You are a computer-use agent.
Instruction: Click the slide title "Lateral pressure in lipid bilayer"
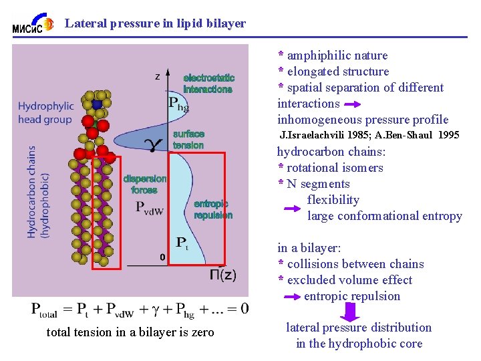pos(155,23)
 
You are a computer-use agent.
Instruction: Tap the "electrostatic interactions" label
pos(208,84)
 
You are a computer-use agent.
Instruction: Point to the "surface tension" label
pos(188,140)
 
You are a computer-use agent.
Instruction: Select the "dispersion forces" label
pos(145,184)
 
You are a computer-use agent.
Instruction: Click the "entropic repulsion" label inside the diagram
pos(213,209)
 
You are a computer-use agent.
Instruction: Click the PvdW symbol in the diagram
pos(156,208)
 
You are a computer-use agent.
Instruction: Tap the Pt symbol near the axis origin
pos(181,243)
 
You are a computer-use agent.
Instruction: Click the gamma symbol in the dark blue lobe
pos(154,144)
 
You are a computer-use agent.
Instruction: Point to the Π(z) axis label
pos(222,275)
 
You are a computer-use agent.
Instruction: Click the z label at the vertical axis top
pos(158,76)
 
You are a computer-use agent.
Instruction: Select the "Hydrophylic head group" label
pos(45,112)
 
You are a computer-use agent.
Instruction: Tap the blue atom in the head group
pos(98,104)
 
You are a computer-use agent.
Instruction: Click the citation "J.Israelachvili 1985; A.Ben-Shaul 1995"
pos(369,136)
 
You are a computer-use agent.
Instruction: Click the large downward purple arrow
pos(351,312)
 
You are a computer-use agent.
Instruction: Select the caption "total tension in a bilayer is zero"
pos(130,332)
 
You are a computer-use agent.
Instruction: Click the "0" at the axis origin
pos(162,257)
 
